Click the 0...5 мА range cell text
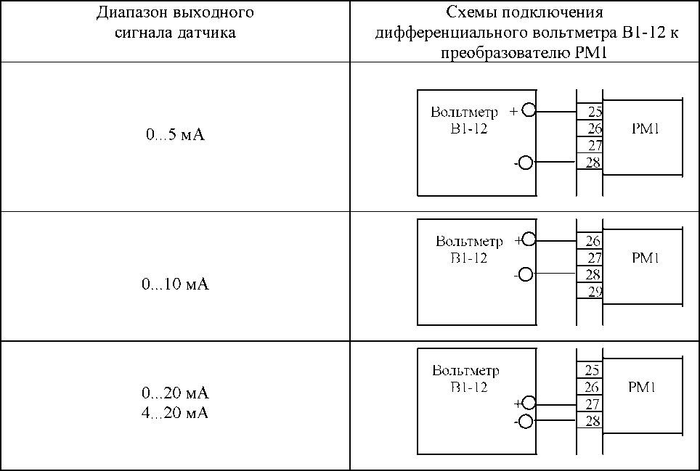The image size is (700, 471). [x=175, y=135]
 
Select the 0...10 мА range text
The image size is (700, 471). [x=175, y=284]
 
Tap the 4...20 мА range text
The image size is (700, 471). [x=175, y=413]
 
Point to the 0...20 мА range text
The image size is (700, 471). [x=175, y=393]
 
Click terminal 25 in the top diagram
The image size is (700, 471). [x=594, y=112]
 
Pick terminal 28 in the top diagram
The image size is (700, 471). [x=593, y=163]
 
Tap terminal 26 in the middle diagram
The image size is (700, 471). [x=593, y=241]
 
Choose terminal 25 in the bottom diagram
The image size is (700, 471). [x=592, y=372]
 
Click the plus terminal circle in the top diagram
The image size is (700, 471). [x=528, y=111]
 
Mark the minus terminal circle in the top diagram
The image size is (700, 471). [x=527, y=163]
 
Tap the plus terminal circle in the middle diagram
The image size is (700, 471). [x=529, y=240]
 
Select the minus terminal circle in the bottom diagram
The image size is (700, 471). [x=526, y=422]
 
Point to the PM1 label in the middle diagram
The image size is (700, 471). [x=645, y=258]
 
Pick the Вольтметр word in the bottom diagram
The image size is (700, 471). [x=465, y=371]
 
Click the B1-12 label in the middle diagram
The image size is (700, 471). [x=468, y=258]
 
